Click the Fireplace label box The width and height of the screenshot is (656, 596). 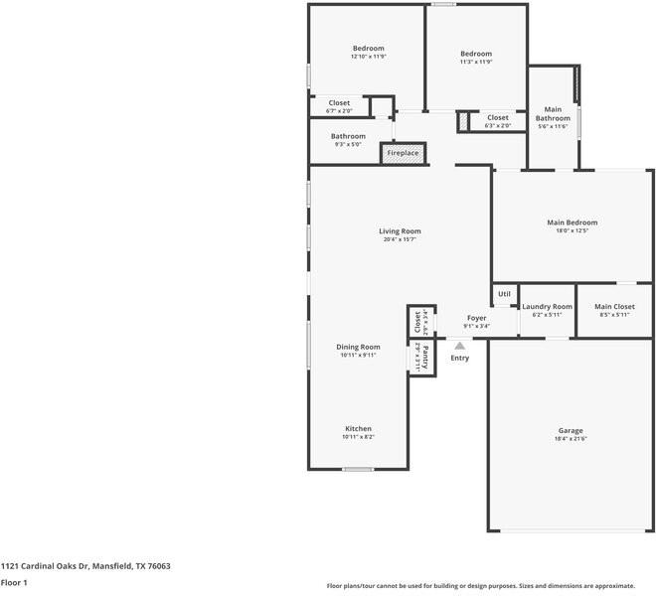pos(403,153)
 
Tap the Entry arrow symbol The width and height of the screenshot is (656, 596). pos(459,346)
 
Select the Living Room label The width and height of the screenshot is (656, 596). pos(401,231)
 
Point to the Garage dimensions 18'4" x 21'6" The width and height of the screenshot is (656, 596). pos(570,438)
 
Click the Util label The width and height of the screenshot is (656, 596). pos(504,294)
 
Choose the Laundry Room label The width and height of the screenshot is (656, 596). pos(547,307)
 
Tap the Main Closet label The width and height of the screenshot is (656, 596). pos(614,307)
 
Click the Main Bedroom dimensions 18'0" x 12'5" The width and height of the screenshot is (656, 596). pos(573,230)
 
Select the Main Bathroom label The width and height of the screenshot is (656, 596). pos(553,113)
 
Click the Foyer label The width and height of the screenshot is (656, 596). pos(476,318)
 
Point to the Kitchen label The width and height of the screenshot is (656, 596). pos(358,428)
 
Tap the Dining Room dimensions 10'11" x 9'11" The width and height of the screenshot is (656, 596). pos(358,355)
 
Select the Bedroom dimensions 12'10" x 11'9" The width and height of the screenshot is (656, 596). pos(368,57)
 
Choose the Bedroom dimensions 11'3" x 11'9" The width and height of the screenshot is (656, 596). pos(476,62)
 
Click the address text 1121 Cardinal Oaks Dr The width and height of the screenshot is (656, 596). pos(85,566)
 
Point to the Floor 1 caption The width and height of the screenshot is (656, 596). pos(14,582)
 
